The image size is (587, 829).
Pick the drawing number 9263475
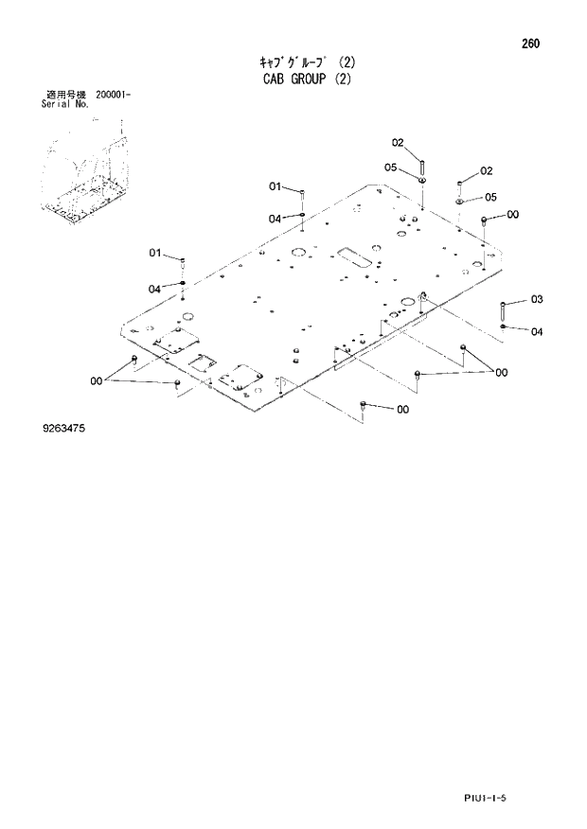click(x=64, y=430)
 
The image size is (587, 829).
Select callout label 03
click(x=536, y=300)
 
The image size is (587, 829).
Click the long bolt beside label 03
click(x=503, y=310)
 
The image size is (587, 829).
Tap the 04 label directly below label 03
click(x=536, y=331)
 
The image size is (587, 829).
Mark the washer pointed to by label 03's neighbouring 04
click(x=503, y=326)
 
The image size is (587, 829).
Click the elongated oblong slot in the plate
click(x=352, y=256)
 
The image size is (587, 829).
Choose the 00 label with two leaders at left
click(x=97, y=380)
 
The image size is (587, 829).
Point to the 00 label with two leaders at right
click(x=501, y=372)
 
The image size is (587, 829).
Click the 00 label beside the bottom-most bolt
click(x=402, y=410)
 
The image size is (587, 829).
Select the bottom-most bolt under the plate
click(x=365, y=405)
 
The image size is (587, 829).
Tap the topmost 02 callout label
click(x=398, y=143)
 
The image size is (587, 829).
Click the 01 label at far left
click(x=156, y=252)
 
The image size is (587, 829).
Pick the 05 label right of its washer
click(x=490, y=197)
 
